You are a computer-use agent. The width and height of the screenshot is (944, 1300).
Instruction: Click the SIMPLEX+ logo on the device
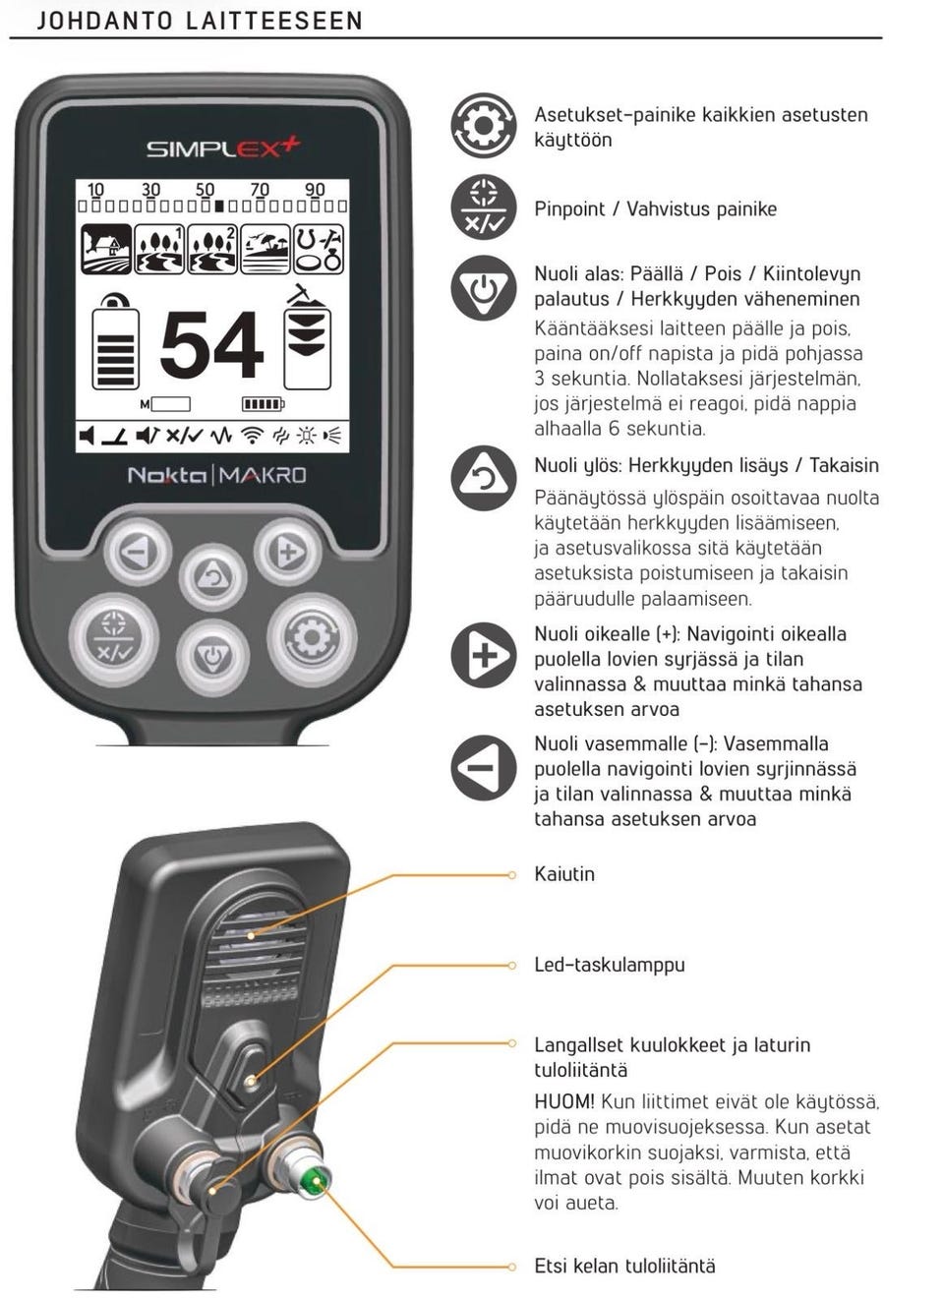coord(223,148)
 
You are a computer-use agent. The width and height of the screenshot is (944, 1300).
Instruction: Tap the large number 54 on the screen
coord(211,344)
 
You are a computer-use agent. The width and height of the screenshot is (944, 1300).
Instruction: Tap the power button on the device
coord(213,656)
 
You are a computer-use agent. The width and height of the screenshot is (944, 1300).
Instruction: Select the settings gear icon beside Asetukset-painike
coord(484,125)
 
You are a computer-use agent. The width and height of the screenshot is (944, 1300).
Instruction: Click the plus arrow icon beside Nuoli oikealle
coord(484,655)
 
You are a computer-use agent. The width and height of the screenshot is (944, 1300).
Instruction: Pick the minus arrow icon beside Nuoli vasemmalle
coord(484,767)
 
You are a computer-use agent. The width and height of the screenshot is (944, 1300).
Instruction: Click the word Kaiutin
coord(564,874)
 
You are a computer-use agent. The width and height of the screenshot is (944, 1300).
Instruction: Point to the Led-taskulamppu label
coord(610,965)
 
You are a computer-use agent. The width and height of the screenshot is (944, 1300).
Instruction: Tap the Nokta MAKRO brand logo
coord(216,476)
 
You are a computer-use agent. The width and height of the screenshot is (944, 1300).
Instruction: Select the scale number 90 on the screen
coord(315,189)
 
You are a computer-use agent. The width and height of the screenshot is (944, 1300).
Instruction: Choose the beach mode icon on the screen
coord(265,249)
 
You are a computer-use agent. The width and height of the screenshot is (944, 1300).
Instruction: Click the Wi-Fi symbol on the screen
coord(252,435)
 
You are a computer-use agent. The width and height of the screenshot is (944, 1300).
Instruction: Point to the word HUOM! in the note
coord(564,1101)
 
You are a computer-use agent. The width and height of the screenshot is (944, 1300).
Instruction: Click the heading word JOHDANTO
coord(105,21)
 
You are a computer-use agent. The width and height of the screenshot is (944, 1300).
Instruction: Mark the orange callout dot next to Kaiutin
coord(511,875)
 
